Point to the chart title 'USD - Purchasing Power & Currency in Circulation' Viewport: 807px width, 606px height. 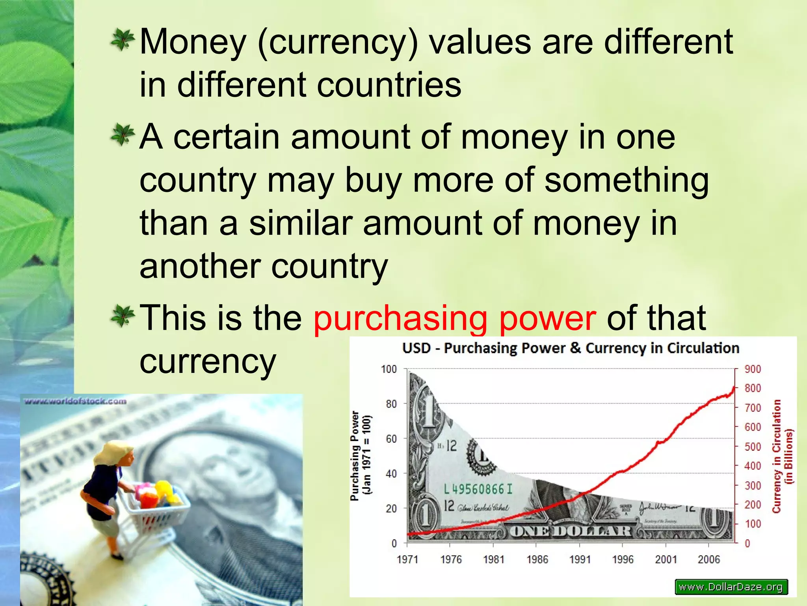(x=571, y=348)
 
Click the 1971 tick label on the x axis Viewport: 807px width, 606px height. (x=407, y=559)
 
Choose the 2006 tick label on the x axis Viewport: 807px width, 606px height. (x=708, y=559)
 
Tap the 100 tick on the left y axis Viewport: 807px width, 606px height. (x=389, y=369)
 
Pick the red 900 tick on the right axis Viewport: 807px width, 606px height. (x=753, y=369)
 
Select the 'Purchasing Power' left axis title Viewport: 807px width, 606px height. (x=361, y=456)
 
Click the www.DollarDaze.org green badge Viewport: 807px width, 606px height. (x=731, y=587)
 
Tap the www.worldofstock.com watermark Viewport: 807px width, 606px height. (x=76, y=402)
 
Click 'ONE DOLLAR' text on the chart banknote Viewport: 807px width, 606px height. (x=571, y=531)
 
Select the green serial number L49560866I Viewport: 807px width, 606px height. (x=478, y=490)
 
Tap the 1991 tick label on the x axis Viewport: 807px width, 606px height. (x=580, y=559)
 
